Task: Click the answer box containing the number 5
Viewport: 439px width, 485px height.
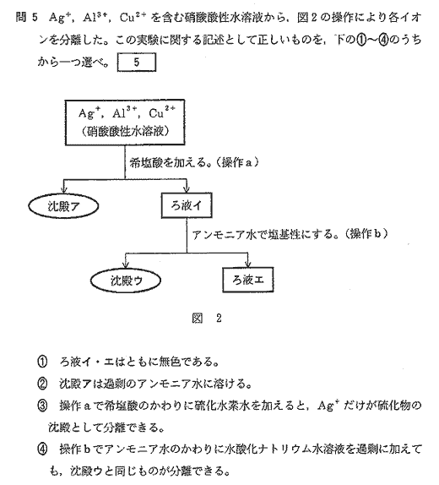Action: pos(136,63)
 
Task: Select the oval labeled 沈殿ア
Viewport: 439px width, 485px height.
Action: pos(63,206)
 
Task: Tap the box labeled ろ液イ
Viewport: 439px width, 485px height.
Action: pos(187,205)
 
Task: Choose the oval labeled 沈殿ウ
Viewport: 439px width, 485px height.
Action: pos(126,281)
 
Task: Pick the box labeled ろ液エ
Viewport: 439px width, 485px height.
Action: pos(248,280)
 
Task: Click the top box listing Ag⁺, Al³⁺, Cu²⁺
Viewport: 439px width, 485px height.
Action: pos(125,123)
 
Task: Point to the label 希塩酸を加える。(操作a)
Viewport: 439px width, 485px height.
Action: pos(194,162)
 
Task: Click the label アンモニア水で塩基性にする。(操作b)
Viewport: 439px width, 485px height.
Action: pos(290,234)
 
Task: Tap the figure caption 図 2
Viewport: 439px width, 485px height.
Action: pos(207,318)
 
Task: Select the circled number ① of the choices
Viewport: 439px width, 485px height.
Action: pos(42,362)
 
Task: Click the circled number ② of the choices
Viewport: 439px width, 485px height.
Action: pos(42,384)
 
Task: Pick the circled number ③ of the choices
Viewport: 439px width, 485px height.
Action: pos(42,406)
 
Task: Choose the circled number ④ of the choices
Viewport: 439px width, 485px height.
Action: pos(42,450)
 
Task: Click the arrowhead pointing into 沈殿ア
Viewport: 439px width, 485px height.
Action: pos(63,188)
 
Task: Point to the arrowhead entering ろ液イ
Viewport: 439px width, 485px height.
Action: pos(187,188)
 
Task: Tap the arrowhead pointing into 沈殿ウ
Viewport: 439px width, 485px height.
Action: pos(125,264)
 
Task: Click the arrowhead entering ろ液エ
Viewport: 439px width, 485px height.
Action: pos(247,264)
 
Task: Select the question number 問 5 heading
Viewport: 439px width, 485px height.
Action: pos(26,17)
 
